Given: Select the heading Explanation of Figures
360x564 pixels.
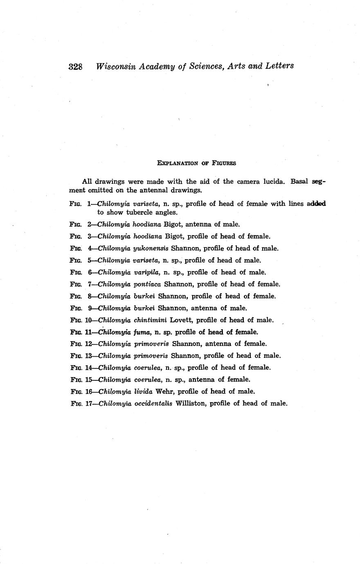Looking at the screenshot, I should point(196,163).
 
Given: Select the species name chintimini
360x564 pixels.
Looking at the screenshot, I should point(150,320).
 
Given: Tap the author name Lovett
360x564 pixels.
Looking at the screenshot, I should point(180,320).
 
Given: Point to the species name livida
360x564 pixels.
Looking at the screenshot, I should point(143,391).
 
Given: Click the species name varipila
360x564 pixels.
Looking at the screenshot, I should point(146,272).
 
